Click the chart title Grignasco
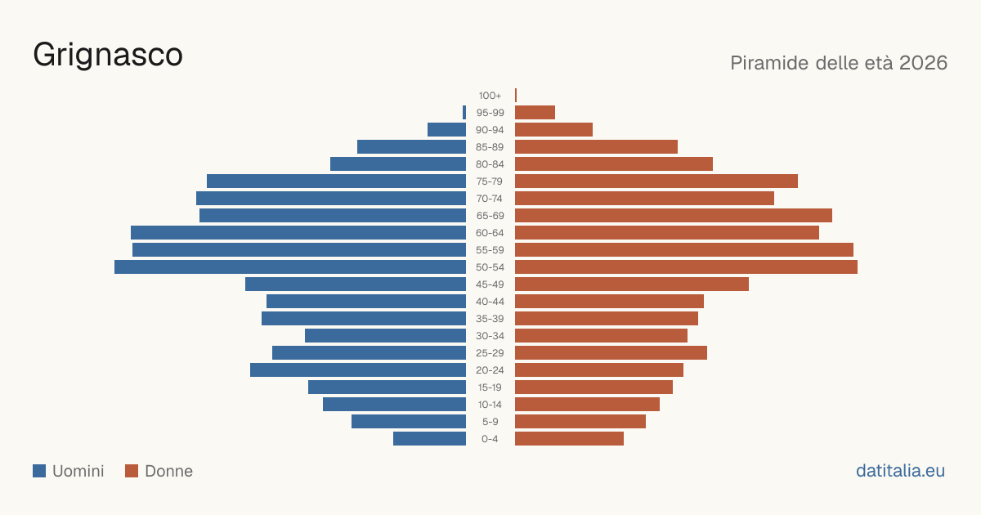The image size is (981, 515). point(108,56)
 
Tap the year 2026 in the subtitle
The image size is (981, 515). point(923,63)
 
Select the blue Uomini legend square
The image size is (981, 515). point(39,471)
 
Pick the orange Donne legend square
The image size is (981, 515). point(132,471)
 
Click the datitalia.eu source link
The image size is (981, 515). point(900,471)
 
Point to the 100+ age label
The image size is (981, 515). point(490,96)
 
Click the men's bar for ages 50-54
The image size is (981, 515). point(290,267)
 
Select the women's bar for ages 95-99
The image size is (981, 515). point(535,113)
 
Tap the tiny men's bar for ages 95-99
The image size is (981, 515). point(464,113)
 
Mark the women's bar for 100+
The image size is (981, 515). point(516,96)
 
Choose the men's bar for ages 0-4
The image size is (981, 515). point(430,439)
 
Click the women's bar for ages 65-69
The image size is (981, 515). point(674,216)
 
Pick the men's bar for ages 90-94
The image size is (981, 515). point(446,130)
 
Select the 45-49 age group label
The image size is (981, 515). point(490,284)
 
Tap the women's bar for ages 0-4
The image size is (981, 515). point(569,439)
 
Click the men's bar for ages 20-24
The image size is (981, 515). point(358,370)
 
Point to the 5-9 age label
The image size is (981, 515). point(490,422)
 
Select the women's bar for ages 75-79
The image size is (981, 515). point(656,181)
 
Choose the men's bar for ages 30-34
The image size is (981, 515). point(385,336)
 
